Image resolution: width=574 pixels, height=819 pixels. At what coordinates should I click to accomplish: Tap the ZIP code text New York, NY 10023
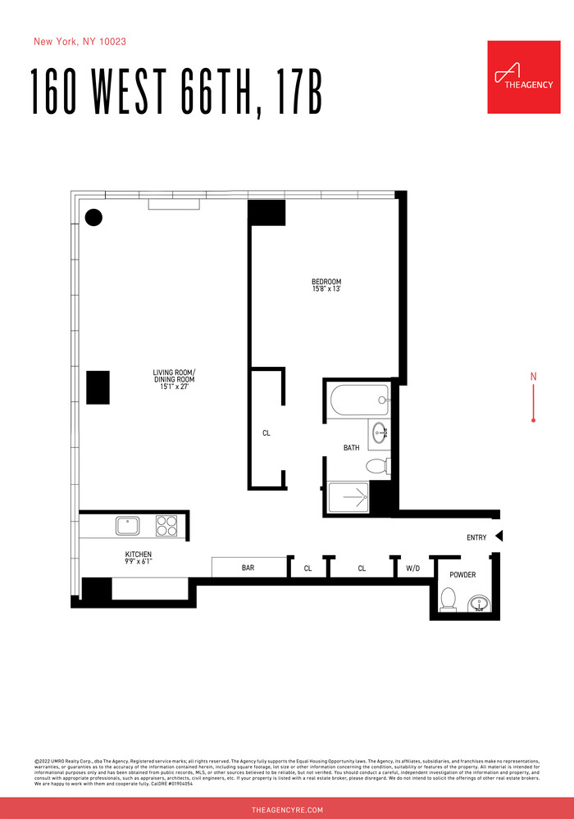[80, 41]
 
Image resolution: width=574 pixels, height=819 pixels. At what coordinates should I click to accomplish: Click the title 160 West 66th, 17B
[176, 92]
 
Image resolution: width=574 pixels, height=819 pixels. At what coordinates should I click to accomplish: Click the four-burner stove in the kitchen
[166, 524]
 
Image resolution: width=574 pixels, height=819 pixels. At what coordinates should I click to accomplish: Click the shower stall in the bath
[348, 496]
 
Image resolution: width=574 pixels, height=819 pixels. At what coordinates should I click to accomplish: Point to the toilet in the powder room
[448, 600]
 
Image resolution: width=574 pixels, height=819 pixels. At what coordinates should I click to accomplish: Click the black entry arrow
[499, 537]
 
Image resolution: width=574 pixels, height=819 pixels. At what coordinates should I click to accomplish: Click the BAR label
[248, 567]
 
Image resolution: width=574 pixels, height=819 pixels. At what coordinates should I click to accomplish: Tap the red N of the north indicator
[534, 377]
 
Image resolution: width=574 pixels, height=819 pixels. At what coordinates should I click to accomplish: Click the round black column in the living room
[94, 217]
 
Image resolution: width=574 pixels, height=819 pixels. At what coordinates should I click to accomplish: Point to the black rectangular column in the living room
[98, 387]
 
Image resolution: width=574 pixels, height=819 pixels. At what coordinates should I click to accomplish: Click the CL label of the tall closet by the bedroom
[266, 433]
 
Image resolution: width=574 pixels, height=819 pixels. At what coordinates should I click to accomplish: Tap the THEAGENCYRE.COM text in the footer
[287, 809]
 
